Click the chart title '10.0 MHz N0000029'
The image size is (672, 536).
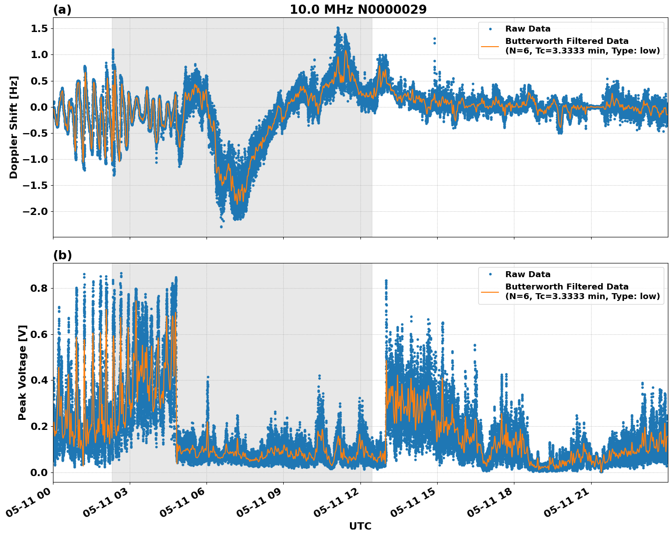[358, 10]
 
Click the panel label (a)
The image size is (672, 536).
[62, 10]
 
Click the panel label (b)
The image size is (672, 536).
[62, 255]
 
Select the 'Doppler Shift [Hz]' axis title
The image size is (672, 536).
[14, 127]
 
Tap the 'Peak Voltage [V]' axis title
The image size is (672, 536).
[22, 372]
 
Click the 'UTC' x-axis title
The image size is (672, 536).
[360, 526]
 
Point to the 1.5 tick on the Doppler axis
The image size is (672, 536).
[38, 29]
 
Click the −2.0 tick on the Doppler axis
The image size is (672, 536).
[35, 212]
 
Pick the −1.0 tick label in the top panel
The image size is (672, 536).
[35, 160]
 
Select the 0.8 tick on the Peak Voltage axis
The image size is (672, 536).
[38, 289]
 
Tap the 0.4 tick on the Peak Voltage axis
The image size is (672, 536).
[38, 381]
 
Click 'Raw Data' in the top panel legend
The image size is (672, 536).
[528, 29]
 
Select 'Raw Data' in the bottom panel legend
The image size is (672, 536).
[528, 274]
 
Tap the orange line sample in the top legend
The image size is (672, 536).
[490, 46]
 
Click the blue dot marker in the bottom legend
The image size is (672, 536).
[490, 274]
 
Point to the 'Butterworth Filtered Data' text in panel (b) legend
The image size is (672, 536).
[566, 287]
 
